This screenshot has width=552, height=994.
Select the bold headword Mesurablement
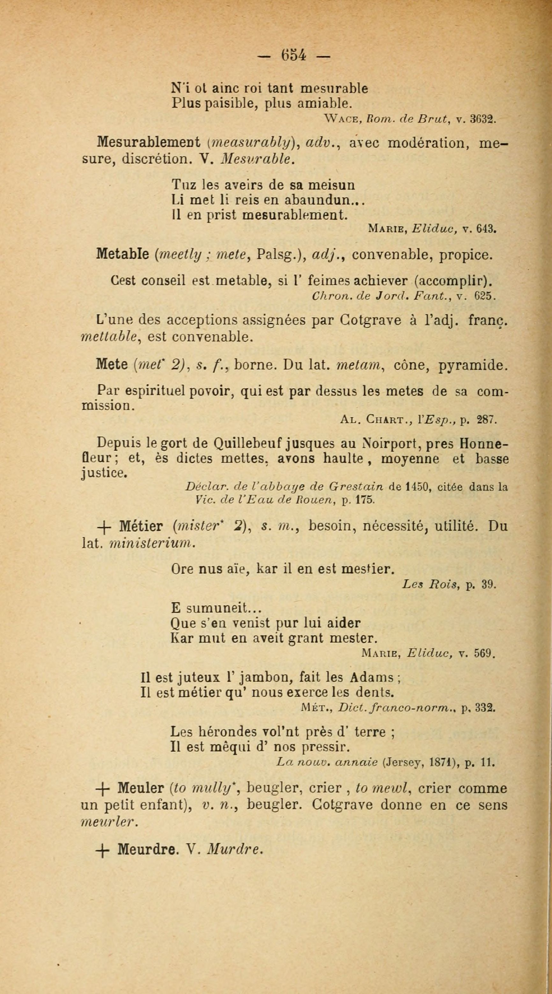(148, 142)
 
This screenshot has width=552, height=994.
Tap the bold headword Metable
(122, 254)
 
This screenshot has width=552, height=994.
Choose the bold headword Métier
(141, 526)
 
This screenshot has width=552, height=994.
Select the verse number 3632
(483, 119)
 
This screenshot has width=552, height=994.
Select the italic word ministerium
(152, 543)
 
